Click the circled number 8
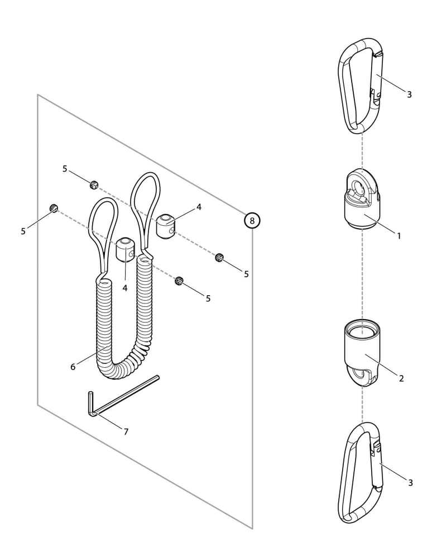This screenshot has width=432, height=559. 252,221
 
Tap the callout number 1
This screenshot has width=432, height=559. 399,236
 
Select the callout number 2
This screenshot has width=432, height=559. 401,378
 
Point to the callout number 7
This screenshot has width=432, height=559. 126,432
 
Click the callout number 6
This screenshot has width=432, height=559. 73,367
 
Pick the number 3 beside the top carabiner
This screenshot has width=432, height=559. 409,94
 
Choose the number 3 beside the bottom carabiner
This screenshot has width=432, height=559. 410,483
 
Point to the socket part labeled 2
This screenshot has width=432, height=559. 362,353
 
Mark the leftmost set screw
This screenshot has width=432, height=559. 54,208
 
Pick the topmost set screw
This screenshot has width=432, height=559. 94,184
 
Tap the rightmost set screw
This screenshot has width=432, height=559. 219,257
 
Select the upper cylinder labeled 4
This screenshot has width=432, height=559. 166,226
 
